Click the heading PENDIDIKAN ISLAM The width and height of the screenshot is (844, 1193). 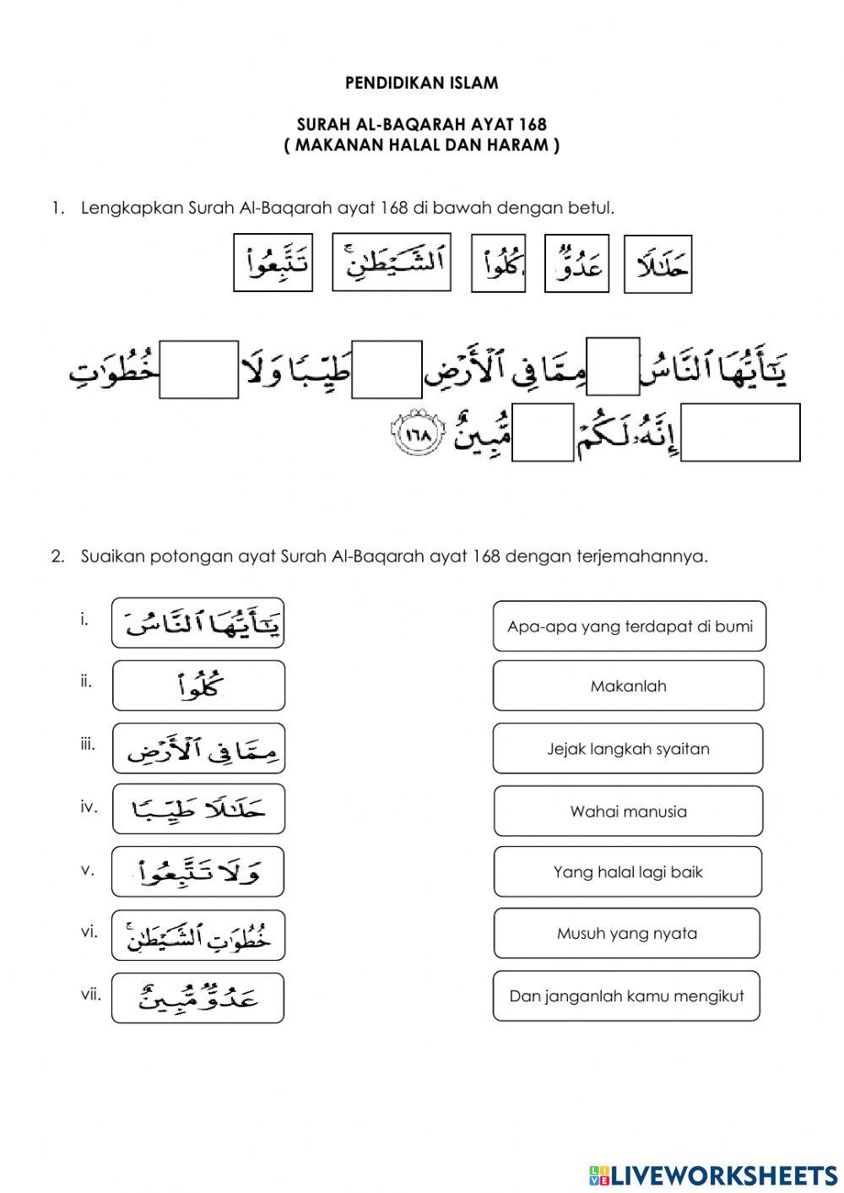(421, 83)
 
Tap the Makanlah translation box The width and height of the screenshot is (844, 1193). (628, 686)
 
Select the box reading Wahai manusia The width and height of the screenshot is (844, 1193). (628, 811)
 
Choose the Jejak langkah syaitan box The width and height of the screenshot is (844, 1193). (628, 749)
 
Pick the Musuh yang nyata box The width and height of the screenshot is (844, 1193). (626, 933)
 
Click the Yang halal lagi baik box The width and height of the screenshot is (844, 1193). (628, 872)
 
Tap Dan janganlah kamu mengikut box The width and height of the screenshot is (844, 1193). (626, 996)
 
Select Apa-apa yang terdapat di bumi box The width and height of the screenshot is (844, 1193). (630, 626)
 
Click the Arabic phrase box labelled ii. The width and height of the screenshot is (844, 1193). (198, 686)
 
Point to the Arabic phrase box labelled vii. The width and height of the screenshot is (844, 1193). (198, 998)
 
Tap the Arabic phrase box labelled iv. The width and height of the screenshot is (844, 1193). (198, 810)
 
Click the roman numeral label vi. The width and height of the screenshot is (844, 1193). (89, 932)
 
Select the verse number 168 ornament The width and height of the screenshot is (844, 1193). (417, 436)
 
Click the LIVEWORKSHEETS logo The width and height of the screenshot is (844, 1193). (712, 1174)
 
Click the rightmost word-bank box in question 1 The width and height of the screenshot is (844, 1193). (657, 265)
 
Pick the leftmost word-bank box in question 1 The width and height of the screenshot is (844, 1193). (273, 263)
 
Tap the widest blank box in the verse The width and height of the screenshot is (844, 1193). (740, 432)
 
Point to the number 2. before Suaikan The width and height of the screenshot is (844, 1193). (57, 556)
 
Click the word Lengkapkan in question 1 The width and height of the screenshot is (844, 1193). (132, 208)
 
